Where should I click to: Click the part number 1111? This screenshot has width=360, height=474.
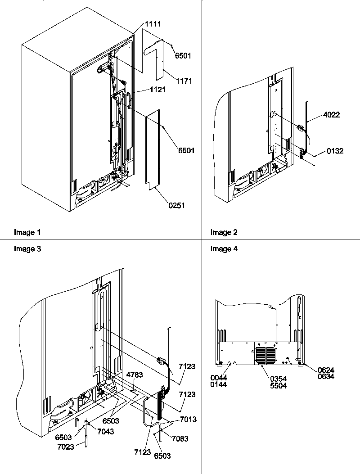153,23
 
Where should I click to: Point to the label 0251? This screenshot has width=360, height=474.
177,205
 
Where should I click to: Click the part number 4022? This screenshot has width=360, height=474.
332,115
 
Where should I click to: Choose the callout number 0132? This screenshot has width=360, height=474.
335,151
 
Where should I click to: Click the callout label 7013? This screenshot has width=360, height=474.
189,420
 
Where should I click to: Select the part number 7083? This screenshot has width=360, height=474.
180,438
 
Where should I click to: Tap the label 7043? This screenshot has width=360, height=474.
105,431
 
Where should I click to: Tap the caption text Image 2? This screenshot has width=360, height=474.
224,233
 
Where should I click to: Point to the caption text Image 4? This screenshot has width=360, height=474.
224,249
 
